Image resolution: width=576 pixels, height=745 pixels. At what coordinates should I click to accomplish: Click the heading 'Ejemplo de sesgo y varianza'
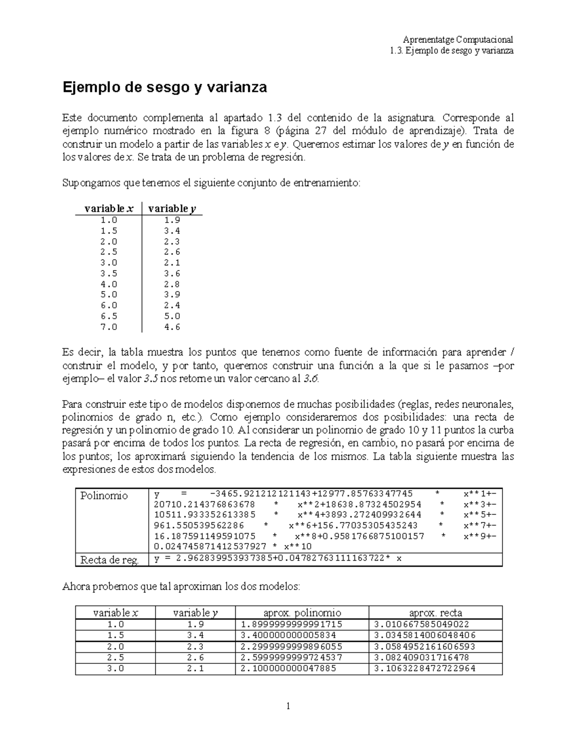[165, 88]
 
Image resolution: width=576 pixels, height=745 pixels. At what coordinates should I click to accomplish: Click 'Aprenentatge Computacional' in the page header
[458, 39]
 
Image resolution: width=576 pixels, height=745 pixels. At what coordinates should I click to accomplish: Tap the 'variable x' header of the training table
[109, 209]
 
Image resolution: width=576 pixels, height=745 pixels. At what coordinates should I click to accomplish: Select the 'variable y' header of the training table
[172, 209]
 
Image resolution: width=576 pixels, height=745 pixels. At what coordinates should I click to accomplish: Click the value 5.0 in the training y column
[172, 316]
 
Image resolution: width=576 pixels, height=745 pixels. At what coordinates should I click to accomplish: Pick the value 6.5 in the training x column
[109, 316]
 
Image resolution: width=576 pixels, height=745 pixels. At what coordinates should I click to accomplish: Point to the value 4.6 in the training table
[172, 327]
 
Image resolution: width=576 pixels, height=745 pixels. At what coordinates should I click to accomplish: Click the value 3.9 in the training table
[172, 295]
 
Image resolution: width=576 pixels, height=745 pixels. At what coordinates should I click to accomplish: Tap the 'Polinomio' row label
[104, 496]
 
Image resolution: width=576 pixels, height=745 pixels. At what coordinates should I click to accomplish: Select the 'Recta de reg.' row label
[110, 560]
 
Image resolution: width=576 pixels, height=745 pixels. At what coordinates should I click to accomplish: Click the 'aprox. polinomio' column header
[302, 613]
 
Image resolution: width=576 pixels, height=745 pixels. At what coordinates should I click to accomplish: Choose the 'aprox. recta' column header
[435, 613]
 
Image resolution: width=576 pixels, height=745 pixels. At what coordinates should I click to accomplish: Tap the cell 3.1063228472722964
[424, 668]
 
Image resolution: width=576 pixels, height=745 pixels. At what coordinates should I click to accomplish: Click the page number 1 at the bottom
[288, 706]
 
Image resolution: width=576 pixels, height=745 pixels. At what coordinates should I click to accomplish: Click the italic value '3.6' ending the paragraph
[311, 378]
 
